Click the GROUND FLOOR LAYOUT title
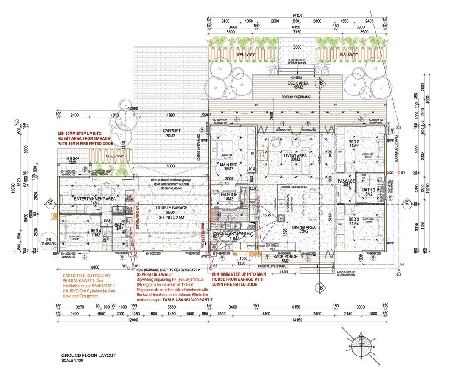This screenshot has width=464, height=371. pyautogui.click(x=88, y=356)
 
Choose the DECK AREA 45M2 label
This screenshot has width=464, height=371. pyautogui.click(x=298, y=85)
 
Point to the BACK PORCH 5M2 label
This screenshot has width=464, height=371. pyautogui.click(x=284, y=259)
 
